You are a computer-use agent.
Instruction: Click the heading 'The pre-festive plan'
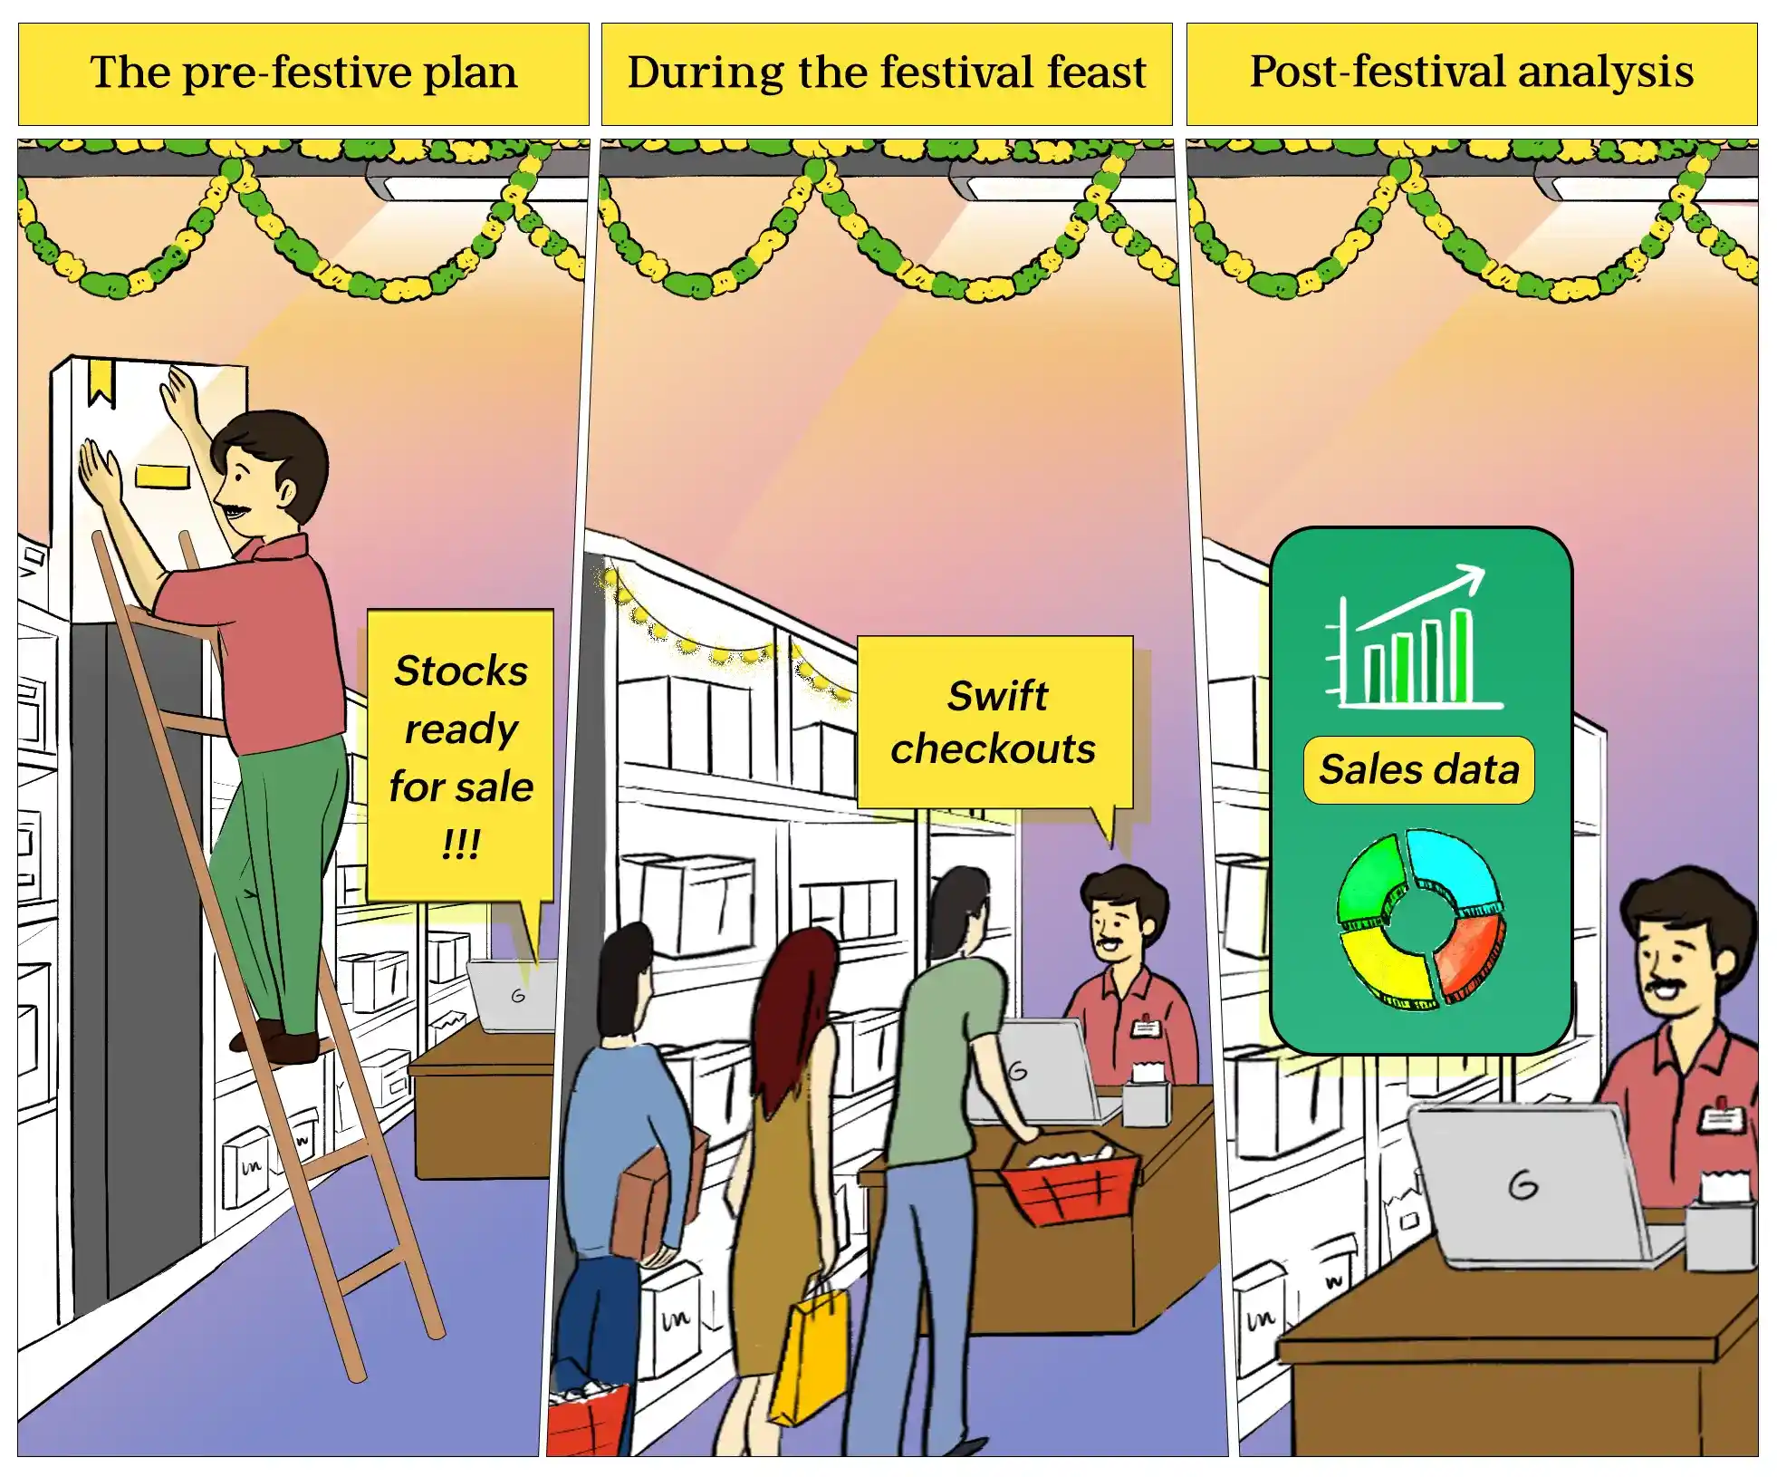coord(303,72)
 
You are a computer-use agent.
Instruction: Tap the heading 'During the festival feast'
coord(887,72)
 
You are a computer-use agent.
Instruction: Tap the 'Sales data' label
coord(1418,770)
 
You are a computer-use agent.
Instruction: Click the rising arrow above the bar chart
coord(1421,596)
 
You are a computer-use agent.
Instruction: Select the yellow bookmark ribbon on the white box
coord(101,382)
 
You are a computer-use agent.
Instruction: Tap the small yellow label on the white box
coord(162,477)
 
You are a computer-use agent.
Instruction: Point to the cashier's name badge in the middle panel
coord(1146,1028)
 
